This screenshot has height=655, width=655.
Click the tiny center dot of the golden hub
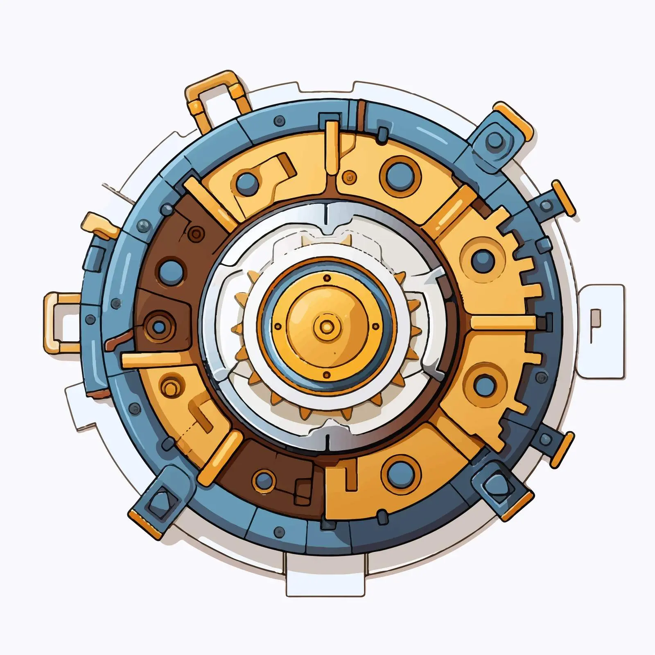(327, 327)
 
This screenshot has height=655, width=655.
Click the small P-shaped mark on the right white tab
(595, 323)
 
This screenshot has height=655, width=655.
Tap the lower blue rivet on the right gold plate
(485, 385)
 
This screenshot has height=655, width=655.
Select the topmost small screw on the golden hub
(327, 278)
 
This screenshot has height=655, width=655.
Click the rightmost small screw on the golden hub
(375, 327)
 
